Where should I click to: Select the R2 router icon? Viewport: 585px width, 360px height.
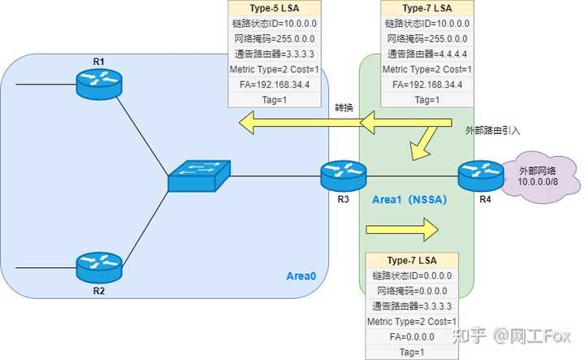(x=99, y=265)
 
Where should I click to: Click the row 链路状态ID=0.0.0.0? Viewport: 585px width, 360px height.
(x=411, y=275)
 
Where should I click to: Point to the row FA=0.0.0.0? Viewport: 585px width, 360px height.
(x=411, y=337)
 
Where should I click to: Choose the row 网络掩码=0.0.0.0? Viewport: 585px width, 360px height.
(x=411, y=291)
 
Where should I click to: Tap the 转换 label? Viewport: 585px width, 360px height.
(x=344, y=108)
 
